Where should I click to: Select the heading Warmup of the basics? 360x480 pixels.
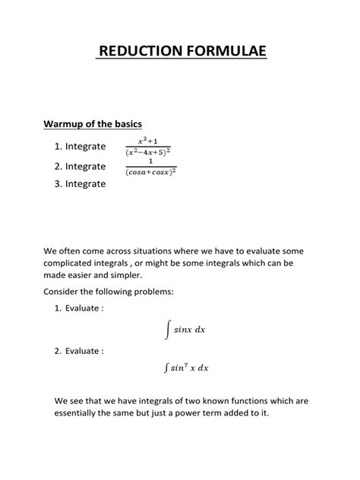pyautogui.click(x=93, y=124)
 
